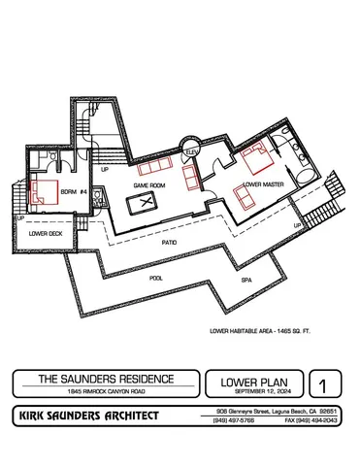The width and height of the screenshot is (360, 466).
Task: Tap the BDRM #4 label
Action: [x=75, y=190]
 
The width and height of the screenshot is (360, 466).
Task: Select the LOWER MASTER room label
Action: [x=263, y=183]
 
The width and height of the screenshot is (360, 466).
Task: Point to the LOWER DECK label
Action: [x=46, y=234]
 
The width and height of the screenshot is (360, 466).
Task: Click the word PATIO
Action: [x=169, y=243]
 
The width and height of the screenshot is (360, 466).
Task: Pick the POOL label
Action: [x=156, y=277]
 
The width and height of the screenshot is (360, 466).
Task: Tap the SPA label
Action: [x=246, y=279]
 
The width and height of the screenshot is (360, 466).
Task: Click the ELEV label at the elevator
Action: [x=193, y=151]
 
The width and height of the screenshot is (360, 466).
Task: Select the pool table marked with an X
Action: [x=146, y=202]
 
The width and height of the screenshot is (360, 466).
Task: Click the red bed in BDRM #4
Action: [x=44, y=192]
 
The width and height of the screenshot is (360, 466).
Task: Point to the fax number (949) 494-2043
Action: [x=314, y=420]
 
